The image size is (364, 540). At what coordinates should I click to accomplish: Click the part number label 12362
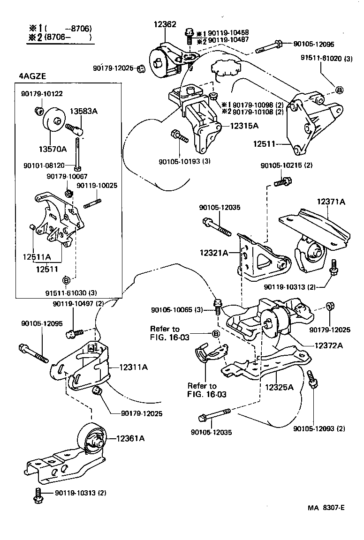tap(165, 24)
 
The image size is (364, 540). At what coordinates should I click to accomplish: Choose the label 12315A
tap(243, 126)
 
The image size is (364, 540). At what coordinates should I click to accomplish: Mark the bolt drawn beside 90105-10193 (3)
tap(180, 136)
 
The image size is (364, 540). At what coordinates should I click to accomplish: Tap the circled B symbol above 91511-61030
tap(66, 280)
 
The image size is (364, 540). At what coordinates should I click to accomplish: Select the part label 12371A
tap(330, 202)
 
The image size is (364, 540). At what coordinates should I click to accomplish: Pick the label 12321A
tap(214, 253)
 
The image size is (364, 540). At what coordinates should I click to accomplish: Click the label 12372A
tap(326, 345)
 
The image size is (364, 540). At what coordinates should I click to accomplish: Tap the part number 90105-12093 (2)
tap(319, 428)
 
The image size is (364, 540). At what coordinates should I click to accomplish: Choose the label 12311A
tap(133, 367)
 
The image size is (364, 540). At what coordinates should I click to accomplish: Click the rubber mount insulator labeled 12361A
tap(92, 439)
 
